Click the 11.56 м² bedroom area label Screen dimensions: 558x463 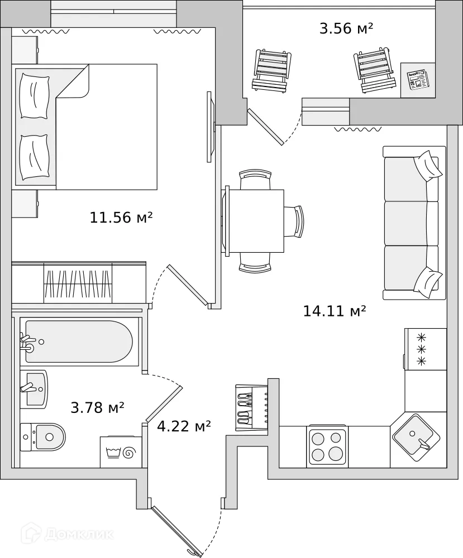(121, 218)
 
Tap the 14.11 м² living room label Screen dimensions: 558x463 (334, 311)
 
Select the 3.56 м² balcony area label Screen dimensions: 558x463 (346, 28)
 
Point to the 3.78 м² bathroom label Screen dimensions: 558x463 (97, 408)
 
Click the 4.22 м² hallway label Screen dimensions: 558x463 (184, 427)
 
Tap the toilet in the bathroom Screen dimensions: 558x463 (43, 436)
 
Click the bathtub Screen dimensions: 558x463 (78, 342)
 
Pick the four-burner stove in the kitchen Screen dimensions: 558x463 (327, 446)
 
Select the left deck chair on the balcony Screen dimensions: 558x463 (272, 70)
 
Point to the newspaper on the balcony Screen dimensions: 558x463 (417, 80)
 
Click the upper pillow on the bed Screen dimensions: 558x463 (34, 96)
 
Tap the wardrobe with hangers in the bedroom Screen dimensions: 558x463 (78, 283)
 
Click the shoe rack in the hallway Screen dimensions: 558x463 (251, 407)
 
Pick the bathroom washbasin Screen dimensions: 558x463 (34, 388)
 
